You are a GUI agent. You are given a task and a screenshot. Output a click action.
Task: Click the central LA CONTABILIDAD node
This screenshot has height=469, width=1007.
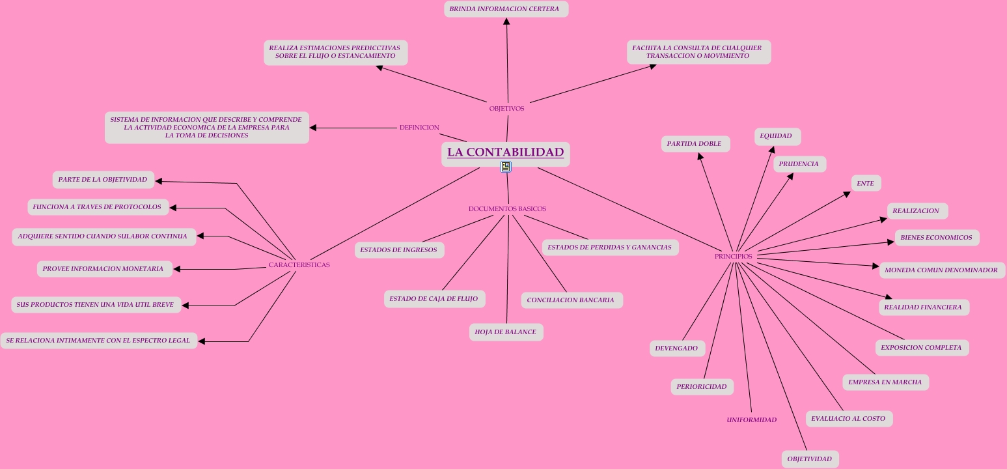(x=505, y=152)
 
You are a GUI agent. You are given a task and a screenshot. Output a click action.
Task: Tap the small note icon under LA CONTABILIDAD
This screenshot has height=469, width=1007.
(x=506, y=167)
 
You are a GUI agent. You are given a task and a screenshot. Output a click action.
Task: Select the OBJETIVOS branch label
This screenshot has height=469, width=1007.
(x=506, y=109)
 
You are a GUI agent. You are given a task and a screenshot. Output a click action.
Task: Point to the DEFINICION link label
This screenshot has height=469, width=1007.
(x=419, y=128)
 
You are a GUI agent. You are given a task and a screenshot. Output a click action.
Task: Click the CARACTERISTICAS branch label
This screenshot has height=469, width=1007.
(x=299, y=265)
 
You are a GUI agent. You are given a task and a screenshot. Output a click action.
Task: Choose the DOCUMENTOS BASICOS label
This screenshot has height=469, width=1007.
(x=507, y=209)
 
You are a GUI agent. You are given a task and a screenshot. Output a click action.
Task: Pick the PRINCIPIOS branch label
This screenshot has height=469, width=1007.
(x=733, y=257)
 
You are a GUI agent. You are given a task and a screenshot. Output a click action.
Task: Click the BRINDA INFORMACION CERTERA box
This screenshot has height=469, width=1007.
(x=506, y=9)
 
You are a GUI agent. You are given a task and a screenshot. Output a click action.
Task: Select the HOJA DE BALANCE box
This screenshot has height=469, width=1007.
(x=506, y=332)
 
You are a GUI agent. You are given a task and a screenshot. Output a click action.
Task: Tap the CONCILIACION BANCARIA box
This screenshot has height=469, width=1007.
(x=571, y=300)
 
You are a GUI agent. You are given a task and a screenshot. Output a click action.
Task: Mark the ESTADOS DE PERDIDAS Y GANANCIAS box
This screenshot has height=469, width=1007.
(x=609, y=248)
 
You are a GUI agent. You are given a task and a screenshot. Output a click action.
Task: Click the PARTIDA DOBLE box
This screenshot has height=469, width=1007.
(x=695, y=144)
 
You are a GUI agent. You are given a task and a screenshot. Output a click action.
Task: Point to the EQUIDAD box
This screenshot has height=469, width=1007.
(x=776, y=136)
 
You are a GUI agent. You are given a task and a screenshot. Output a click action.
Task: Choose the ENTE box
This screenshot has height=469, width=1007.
(x=865, y=184)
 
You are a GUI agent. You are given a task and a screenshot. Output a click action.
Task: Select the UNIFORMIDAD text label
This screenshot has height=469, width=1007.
(x=751, y=420)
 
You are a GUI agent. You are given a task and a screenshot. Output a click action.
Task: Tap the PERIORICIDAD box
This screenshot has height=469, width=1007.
(x=701, y=387)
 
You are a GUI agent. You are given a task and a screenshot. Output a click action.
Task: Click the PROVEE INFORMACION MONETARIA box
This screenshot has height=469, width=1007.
(x=103, y=269)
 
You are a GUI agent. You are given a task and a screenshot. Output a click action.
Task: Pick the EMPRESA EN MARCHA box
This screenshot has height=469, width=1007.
(x=885, y=382)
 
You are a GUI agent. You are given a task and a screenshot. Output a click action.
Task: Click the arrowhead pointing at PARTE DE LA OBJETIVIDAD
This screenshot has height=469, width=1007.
(x=159, y=182)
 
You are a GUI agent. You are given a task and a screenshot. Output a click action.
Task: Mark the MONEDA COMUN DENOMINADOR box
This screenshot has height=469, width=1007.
(x=941, y=270)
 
